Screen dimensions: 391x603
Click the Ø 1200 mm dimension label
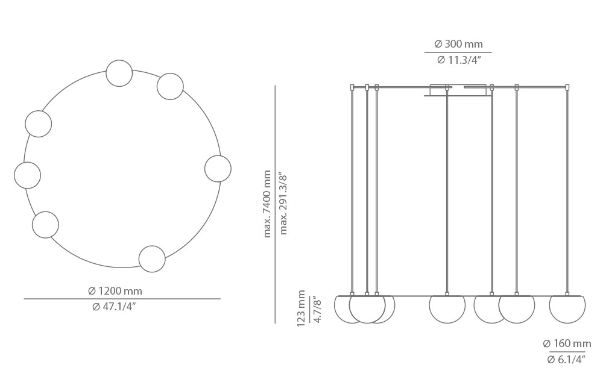point(115,291)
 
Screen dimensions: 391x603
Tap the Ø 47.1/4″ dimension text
point(114,307)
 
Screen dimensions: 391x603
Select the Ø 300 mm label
point(458,44)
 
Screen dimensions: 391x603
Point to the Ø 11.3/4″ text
point(458,60)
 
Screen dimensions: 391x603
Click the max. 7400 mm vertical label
point(267,204)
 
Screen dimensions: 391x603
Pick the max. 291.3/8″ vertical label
point(283,204)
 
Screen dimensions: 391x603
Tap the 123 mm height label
point(301,308)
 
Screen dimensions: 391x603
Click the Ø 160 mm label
point(567,343)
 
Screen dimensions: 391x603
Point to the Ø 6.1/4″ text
point(566,360)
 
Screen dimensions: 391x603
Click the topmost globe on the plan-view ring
point(119,74)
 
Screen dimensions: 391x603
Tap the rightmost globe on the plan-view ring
point(218,169)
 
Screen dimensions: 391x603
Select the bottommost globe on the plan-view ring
point(152,259)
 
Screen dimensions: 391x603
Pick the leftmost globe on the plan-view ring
point(27,175)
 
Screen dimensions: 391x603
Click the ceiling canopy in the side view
point(458,90)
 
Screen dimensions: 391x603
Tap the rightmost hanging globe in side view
point(567,307)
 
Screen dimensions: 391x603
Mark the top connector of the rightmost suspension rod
point(567,87)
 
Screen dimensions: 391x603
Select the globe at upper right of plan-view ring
point(170,87)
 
